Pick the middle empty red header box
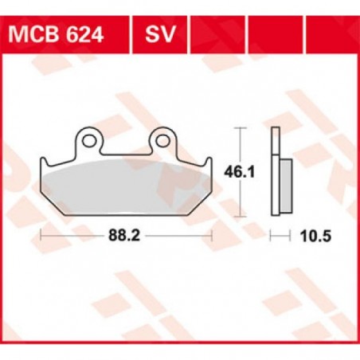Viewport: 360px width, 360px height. pos(258,34)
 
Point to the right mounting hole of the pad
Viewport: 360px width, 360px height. pos(163,142)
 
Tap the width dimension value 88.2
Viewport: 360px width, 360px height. pos(126,235)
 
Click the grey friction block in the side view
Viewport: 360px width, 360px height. pos(284,186)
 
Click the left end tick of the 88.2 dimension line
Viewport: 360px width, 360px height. pos(40,235)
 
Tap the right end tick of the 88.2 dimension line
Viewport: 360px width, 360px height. pos(213,235)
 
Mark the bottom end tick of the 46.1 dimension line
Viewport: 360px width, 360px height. pos(241,216)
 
